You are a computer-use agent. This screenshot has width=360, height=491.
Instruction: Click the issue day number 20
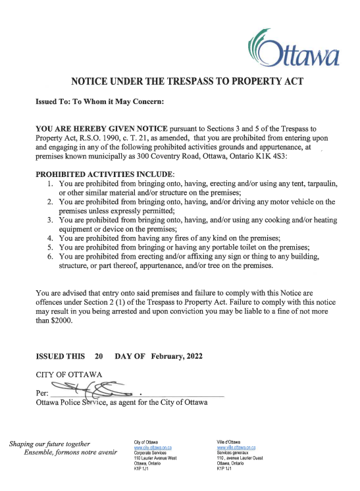(x=99, y=356)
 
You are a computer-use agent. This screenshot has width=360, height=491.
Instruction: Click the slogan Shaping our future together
(x=50, y=444)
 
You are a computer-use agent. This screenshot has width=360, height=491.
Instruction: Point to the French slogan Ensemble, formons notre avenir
(x=70, y=453)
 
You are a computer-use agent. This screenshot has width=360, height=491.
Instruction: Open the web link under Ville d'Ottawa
(x=236, y=448)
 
